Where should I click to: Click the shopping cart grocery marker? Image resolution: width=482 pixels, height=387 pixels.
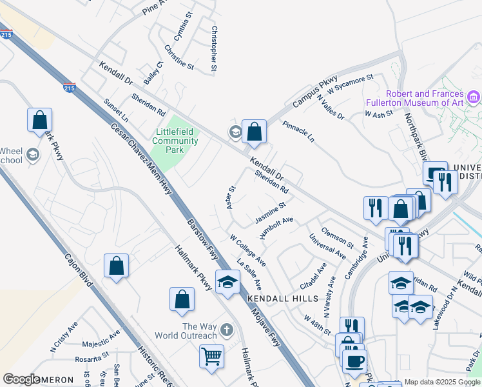click(x=212, y=357)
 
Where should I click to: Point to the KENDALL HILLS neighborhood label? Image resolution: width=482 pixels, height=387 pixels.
click(x=283, y=299)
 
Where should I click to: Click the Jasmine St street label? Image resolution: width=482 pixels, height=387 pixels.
click(x=270, y=213)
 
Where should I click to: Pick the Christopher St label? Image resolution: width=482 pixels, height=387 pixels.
click(x=213, y=48)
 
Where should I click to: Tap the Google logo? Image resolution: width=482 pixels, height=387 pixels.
click(x=21, y=379)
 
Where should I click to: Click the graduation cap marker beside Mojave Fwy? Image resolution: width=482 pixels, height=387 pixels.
click(x=227, y=282)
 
